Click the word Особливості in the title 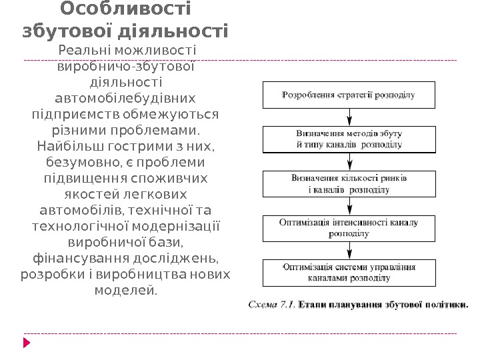[125, 9]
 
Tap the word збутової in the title [65, 31]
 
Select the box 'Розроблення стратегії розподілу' [349, 95]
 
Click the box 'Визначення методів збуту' [349, 139]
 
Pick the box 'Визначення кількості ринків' [349, 184]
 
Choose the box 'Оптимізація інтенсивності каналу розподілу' [349, 228]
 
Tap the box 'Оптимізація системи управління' [349, 272]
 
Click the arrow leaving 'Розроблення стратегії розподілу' [349, 117]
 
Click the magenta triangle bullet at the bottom [27, 343]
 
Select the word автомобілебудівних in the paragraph [125, 98]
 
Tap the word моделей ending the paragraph [125, 290]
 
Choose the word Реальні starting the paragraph [85, 50]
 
